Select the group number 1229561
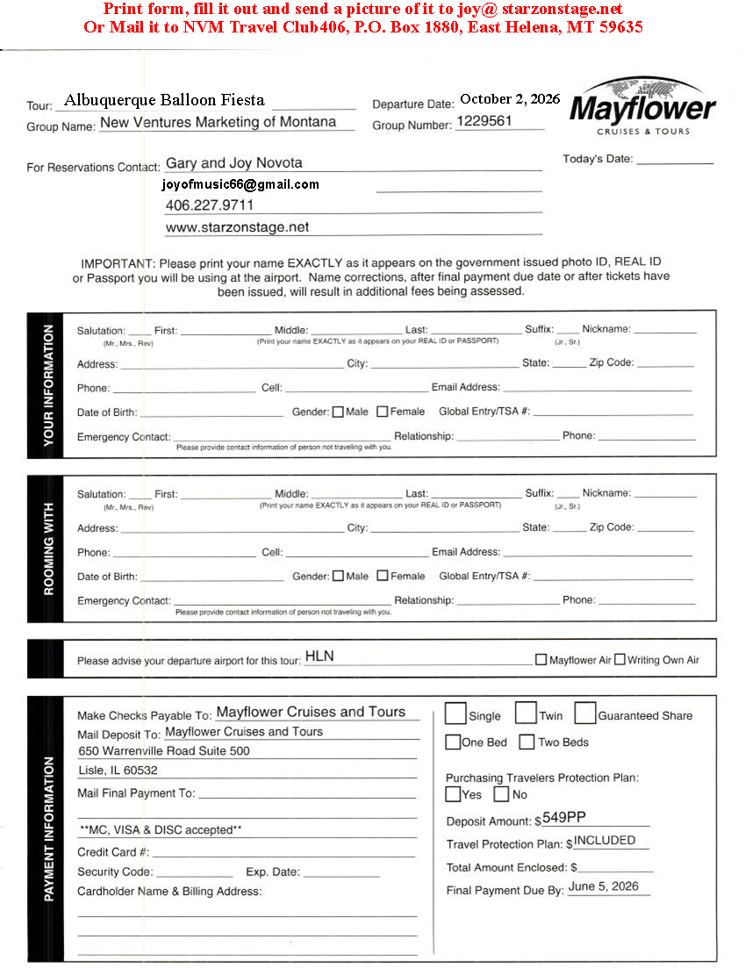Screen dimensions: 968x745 (484, 121)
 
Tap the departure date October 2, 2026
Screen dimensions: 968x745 (509, 98)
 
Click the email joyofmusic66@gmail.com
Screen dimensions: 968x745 (240, 184)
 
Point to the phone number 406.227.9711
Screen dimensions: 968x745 (210, 205)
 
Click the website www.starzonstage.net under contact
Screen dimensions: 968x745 (237, 227)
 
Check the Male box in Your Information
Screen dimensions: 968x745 (338, 412)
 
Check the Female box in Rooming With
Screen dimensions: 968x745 (382, 576)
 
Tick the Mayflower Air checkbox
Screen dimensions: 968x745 (541, 659)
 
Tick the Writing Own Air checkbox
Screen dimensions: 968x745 (620, 659)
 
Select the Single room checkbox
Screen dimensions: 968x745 (455, 713)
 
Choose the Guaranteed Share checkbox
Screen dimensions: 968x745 (585, 713)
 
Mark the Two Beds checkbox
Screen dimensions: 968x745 (527, 742)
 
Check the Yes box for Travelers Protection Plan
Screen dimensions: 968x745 (453, 794)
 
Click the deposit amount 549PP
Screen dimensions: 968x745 (564, 818)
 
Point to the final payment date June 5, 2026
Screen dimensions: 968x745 (604, 886)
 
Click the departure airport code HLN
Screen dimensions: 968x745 (319, 656)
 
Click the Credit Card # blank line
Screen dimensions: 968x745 (283, 852)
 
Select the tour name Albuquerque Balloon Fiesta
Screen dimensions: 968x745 (164, 100)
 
